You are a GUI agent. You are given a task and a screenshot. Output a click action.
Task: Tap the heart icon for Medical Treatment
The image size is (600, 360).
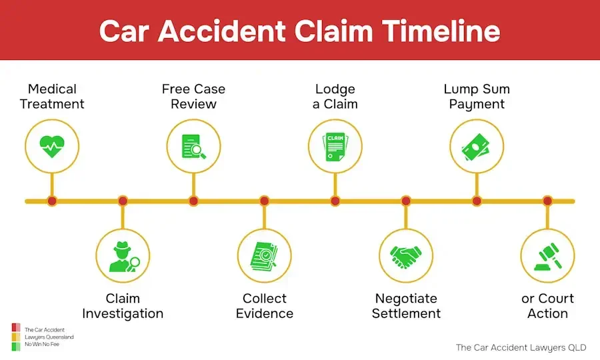click(x=52, y=145)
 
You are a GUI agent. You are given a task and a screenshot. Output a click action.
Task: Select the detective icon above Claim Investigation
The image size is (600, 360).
click(x=123, y=255)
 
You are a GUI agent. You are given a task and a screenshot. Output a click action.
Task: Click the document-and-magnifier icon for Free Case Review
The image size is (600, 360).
click(x=193, y=145)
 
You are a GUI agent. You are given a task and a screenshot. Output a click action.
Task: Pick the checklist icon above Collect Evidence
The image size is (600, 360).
click(x=264, y=255)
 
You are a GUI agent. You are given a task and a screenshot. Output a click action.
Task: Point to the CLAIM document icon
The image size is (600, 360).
click(x=335, y=145)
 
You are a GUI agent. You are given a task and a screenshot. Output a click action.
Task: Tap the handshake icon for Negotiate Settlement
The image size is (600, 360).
click(x=406, y=255)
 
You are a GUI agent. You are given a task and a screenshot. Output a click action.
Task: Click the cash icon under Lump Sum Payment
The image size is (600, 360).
click(x=477, y=145)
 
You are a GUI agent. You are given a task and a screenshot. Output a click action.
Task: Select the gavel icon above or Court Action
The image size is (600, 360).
click(x=547, y=255)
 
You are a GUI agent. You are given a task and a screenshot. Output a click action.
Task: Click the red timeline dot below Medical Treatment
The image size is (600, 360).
click(x=52, y=201)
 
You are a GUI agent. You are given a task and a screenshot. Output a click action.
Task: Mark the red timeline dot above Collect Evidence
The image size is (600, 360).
click(x=264, y=201)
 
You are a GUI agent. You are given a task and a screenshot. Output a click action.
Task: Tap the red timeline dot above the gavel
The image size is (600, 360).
click(x=547, y=201)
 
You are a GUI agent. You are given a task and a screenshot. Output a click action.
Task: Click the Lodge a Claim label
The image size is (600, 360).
click(x=335, y=96)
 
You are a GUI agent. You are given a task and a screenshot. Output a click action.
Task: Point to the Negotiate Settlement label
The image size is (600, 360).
click(x=406, y=305)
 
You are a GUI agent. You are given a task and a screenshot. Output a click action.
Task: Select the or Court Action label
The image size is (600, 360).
click(x=547, y=305)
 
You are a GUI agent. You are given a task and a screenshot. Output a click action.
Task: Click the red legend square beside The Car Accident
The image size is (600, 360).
click(x=15, y=329)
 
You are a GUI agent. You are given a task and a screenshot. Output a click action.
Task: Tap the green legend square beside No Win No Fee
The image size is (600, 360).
click(x=15, y=345)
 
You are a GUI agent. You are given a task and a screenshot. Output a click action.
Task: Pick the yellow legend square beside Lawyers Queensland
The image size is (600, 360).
click(x=15, y=337)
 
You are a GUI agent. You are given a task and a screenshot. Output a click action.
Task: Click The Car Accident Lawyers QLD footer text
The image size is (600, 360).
click(x=521, y=347)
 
